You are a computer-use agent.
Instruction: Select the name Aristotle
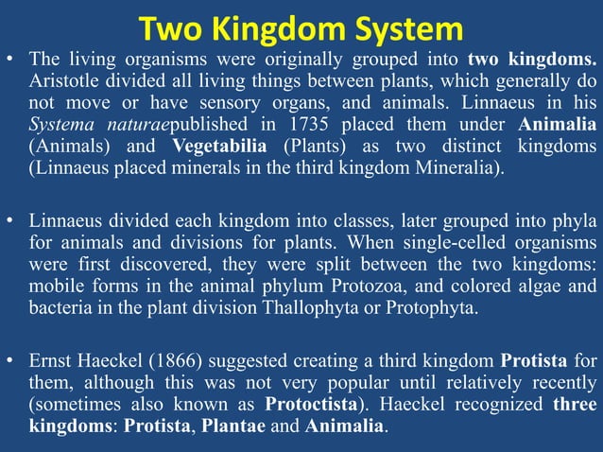[62, 81]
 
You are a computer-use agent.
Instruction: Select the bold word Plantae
[234, 426]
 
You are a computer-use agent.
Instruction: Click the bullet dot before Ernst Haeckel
[10, 359]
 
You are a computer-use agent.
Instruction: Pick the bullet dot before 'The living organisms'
[10, 60]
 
